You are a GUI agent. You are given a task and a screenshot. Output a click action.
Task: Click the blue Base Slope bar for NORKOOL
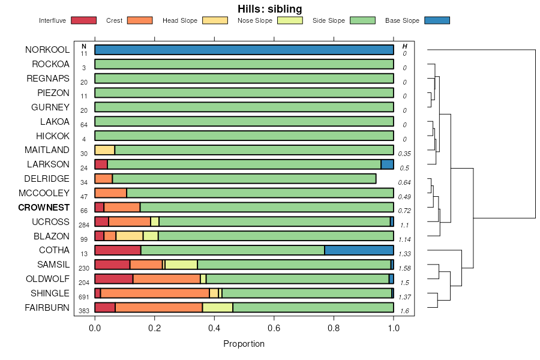pos(244,50)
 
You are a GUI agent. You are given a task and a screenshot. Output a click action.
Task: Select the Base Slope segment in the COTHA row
pos(359,250)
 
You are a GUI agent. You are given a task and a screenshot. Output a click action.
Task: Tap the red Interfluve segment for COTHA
pos(118,250)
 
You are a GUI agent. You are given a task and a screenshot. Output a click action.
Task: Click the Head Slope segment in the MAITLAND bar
pos(104,150)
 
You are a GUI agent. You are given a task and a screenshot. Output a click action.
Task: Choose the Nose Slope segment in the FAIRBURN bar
pos(217,308)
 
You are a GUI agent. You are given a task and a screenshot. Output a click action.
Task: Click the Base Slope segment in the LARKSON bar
pos(387,164)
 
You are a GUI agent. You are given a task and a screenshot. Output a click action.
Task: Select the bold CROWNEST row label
pos(44,208)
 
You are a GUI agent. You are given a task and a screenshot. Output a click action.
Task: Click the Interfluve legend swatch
pos(83,20)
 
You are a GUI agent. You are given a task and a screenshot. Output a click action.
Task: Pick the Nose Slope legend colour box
pos(289,20)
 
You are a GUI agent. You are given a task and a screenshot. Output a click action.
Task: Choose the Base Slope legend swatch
pos(437,20)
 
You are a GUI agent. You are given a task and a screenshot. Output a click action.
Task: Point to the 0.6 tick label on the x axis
pos(274,328)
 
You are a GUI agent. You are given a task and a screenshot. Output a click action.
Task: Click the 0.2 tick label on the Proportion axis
pos(155,328)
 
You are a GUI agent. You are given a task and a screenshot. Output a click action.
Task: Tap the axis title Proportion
pos(244,344)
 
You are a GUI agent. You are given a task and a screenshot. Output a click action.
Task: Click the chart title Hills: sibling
pos(269,8)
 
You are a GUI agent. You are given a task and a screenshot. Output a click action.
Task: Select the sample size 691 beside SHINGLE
pos(84,297)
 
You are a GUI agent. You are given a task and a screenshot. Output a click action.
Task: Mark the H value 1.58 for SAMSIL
pos(405,268)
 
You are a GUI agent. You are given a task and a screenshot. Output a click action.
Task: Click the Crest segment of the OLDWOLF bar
pos(167,279)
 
